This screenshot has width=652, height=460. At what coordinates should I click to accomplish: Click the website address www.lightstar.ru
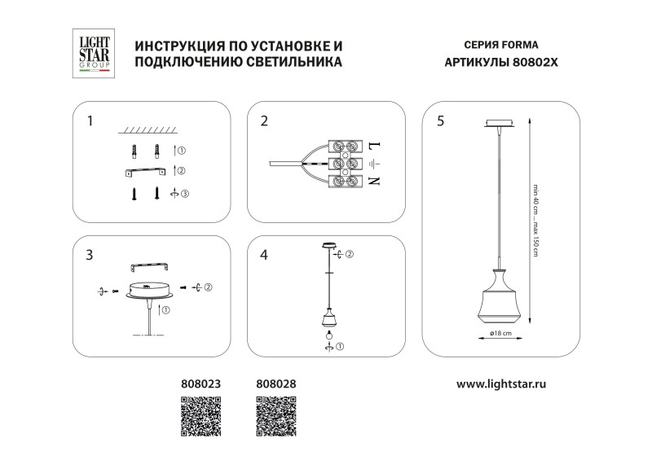coord(500,382)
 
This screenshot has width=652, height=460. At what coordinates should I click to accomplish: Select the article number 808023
coord(200,382)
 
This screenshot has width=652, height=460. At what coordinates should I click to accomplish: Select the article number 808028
coord(276,382)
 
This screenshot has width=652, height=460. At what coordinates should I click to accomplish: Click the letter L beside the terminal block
coord(374,147)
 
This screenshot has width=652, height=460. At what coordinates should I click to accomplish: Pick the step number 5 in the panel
coord(441,122)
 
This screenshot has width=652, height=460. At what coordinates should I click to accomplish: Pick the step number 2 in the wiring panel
coord(264,122)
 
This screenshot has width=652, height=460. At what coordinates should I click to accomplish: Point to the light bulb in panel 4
coord(329,334)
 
